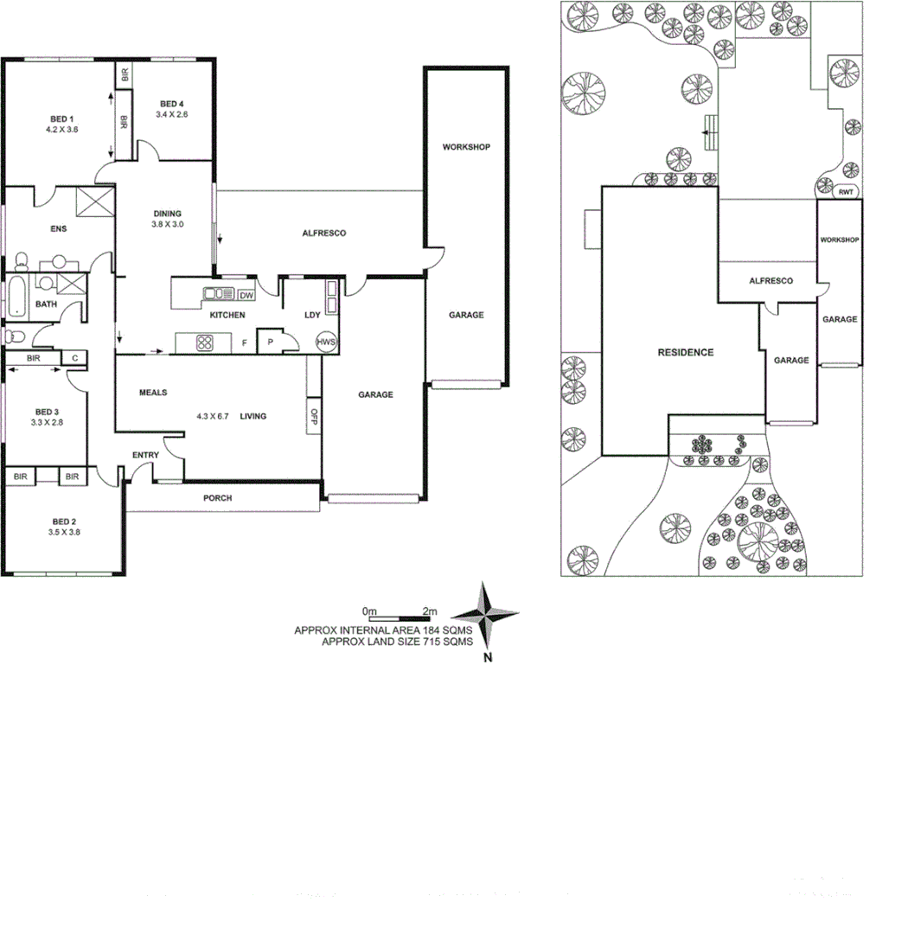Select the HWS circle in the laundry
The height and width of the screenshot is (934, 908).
click(x=326, y=342)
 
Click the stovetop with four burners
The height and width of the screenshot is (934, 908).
click(x=205, y=342)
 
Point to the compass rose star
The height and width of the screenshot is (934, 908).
click(x=488, y=617)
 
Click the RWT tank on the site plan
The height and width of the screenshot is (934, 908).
click(x=844, y=192)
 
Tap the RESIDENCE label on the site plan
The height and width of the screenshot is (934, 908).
click(x=686, y=352)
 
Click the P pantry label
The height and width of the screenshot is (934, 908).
click(x=270, y=342)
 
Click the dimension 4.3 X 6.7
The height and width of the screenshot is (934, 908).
click(x=212, y=416)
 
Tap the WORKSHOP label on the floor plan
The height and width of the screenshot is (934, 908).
click(x=466, y=147)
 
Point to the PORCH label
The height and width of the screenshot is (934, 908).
click(x=217, y=498)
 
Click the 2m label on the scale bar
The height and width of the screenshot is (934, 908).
click(x=430, y=611)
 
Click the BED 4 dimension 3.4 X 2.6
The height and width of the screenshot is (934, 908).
click(x=171, y=114)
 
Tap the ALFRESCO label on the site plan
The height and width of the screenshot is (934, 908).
click(x=771, y=281)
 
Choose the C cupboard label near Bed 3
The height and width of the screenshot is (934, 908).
click(x=74, y=357)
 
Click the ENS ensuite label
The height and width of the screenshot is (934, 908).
click(x=58, y=229)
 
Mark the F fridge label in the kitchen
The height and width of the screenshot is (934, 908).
click(x=245, y=343)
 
